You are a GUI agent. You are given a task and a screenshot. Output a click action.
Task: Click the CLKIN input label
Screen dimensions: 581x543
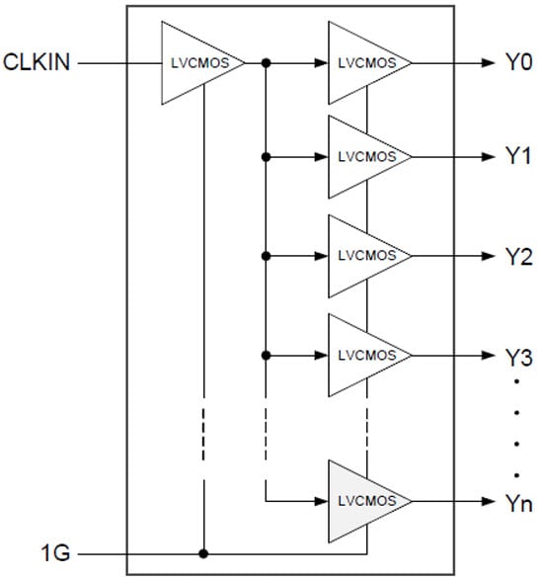click(x=36, y=63)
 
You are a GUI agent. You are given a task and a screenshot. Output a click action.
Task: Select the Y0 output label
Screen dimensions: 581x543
click(x=517, y=63)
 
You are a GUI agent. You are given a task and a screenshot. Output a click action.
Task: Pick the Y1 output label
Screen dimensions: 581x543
click(x=517, y=157)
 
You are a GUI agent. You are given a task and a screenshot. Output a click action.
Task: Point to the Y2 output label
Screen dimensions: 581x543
click(x=517, y=256)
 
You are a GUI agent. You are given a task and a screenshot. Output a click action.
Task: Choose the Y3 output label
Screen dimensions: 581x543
click(x=517, y=355)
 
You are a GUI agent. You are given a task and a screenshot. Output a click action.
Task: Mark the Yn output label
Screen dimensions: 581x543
click(x=517, y=505)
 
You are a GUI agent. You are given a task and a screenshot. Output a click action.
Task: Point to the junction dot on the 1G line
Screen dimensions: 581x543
click(x=202, y=553)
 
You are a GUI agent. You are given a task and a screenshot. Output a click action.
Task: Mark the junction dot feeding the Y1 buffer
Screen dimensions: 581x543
click(x=266, y=157)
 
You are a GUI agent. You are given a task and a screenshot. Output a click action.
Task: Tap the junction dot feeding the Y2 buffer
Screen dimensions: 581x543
click(x=266, y=256)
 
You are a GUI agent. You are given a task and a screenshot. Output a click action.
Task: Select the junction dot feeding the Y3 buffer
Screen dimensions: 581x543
click(x=266, y=355)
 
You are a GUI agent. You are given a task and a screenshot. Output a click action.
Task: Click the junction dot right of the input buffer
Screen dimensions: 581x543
click(x=266, y=63)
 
